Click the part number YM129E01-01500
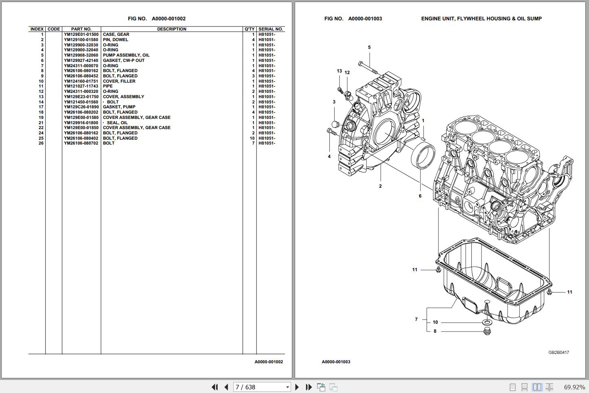81,35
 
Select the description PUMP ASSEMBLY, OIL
126,55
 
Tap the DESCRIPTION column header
171,29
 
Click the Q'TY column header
250,29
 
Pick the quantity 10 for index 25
252,138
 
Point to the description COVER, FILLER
119,81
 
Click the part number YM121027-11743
81,86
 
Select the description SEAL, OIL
117,123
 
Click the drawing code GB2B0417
558,353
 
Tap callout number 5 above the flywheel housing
369,48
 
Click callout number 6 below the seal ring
420,196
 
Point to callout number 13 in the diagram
339,71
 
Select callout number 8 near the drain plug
435,332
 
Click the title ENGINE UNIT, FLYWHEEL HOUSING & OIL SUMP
481,19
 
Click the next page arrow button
297,387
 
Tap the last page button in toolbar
309,387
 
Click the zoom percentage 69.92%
574,387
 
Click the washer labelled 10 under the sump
486,323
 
